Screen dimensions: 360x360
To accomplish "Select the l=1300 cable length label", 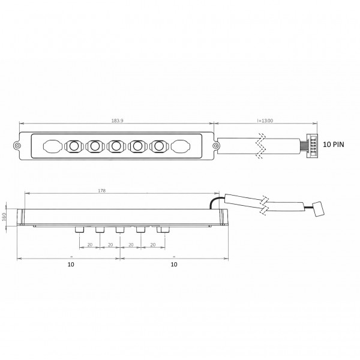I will pos(265,121).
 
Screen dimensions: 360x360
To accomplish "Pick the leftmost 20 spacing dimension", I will pos(89,245).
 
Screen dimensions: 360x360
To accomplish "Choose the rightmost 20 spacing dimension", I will pos(152,245).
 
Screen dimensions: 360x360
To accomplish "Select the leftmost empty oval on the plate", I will pos(52,145).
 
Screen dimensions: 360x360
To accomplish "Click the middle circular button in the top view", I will pos(116,145).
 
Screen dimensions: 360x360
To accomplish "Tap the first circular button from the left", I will pos(74,145).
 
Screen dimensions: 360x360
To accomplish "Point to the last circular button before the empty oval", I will pos(159,145).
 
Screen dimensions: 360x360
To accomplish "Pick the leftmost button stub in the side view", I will pos(79,230).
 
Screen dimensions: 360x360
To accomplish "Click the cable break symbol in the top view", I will pos(260,145).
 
